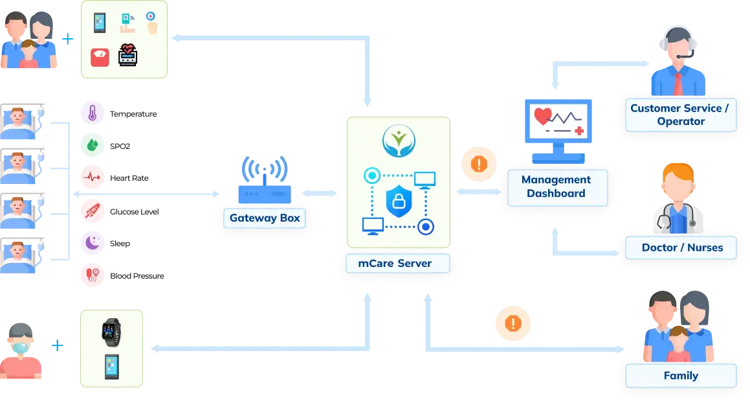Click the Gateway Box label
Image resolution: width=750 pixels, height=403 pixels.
pyautogui.click(x=265, y=218)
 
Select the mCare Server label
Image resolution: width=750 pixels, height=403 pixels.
pyautogui.click(x=395, y=264)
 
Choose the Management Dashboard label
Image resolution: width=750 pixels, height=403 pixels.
pyautogui.click(x=556, y=187)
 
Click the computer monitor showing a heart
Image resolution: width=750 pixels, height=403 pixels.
pyautogui.click(x=558, y=128)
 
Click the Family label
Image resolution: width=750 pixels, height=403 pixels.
pyautogui.click(x=680, y=376)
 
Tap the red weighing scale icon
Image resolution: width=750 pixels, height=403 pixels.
pyautogui.click(x=100, y=57)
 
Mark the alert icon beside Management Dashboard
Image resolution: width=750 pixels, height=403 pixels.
pyautogui.click(x=479, y=164)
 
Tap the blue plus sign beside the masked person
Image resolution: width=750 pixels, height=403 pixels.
pyautogui.click(x=58, y=346)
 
